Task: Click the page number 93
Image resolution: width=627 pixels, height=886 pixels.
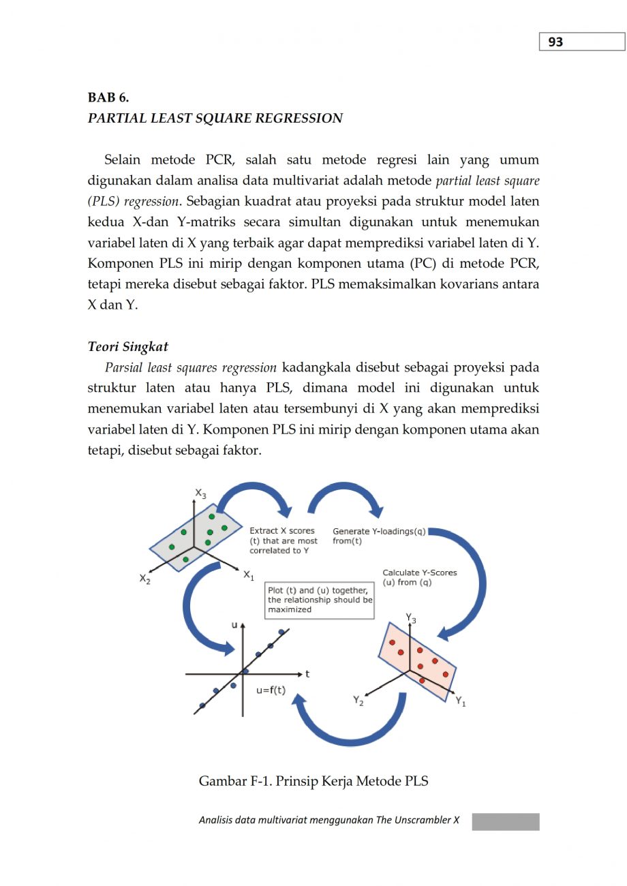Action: [555, 42]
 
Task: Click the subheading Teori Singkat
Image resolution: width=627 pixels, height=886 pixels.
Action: [128, 347]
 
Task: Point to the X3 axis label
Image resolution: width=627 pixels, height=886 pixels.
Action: [200, 493]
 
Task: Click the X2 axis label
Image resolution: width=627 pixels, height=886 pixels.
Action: [145, 579]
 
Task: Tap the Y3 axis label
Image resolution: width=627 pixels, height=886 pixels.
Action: [411, 618]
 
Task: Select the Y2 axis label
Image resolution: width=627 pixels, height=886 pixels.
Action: [358, 700]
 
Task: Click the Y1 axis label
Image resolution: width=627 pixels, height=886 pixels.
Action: [461, 701]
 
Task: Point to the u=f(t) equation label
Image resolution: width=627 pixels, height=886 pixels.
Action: [271, 690]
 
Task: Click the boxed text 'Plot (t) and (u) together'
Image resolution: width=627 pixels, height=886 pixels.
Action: [320, 600]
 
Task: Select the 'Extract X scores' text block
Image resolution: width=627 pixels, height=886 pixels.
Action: [283, 540]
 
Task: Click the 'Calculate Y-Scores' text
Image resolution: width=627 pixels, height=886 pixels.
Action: [419, 578]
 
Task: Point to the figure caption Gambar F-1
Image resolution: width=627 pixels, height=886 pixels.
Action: [313, 781]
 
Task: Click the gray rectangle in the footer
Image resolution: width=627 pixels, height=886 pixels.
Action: [505, 821]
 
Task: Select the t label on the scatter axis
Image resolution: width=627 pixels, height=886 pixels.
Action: [307, 674]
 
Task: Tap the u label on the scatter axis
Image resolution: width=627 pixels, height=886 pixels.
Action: [234, 624]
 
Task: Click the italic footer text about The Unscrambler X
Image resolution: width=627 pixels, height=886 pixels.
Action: [329, 820]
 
